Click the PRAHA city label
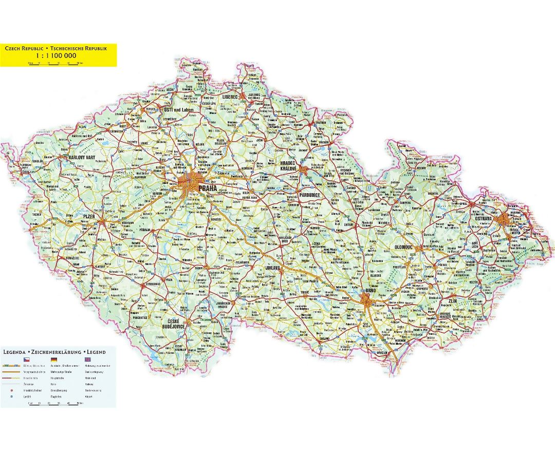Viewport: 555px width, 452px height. coord(208,189)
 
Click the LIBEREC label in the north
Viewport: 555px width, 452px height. coord(230,96)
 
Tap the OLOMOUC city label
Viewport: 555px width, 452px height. coord(404,247)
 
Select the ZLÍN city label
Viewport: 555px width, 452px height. coord(452,300)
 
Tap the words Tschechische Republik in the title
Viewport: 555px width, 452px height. coord(83,48)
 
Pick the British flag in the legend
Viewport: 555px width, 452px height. coord(88,360)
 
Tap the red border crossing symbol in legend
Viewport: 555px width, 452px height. coord(10,390)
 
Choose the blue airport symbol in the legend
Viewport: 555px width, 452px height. coord(10,397)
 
